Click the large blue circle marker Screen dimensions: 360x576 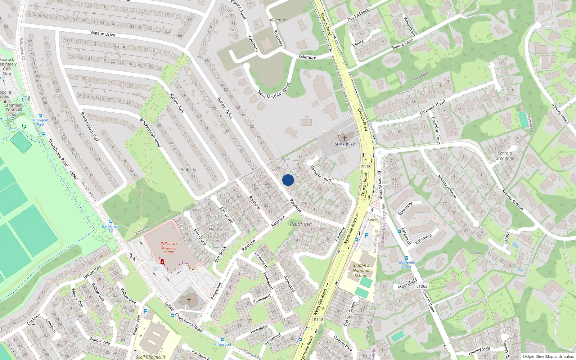[x=288, y=180]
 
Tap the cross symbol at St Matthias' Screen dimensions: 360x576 [x=345, y=138]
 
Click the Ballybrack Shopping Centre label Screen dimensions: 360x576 [x=169, y=248]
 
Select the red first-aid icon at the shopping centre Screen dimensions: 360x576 [x=162, y=262]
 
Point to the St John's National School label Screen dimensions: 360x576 [x=361, y=270]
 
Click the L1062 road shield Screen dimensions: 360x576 [x=422, y=286]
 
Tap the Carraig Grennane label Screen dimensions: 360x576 [x=505, y=156]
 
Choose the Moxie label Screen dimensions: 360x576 [x=373, y=220]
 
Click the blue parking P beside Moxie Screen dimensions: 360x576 [x=366, y=235]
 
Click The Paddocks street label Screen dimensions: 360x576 [x=359, y=14]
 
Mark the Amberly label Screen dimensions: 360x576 [x=188, y=170]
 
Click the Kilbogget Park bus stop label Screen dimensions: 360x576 [x=40, y=122]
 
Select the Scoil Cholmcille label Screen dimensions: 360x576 [x=151, y=357]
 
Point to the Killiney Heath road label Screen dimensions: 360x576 [x=561, y=113]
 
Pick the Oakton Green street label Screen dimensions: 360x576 [x=350, y=314]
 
